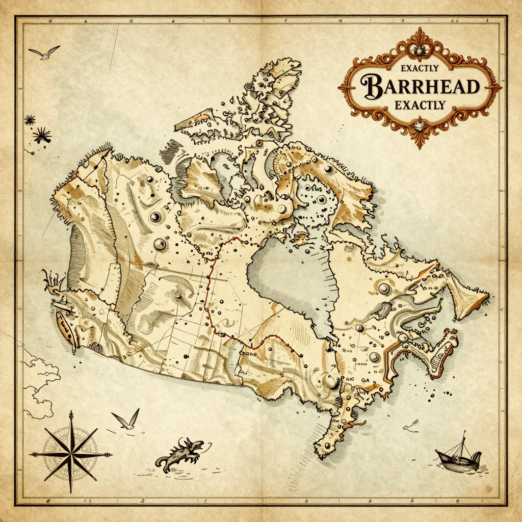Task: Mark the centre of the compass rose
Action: [71, 453]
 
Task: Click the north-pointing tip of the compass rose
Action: [71, 412]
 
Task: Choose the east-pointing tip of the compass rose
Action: [112, 453]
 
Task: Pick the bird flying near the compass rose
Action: [126, 420]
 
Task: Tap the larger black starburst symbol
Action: [42, 135]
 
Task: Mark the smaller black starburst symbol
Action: [29, 120]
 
